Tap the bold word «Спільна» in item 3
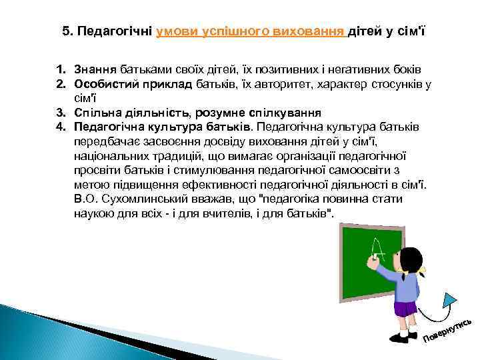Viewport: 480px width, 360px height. (97, 111)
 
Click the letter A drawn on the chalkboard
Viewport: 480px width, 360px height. (379, 253)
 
